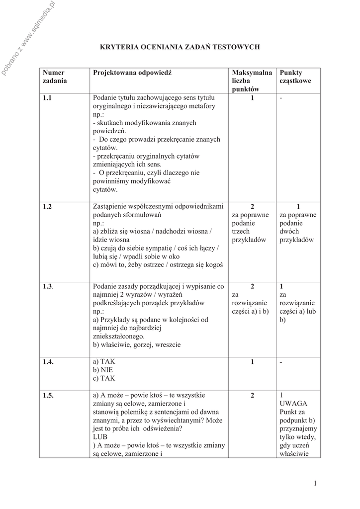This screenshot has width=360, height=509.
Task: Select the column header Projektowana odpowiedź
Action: [132, 73]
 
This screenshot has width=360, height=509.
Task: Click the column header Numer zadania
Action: [54, 76]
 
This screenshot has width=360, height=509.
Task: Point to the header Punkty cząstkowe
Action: [295, 76]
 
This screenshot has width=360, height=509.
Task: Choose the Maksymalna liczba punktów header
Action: [252, 81]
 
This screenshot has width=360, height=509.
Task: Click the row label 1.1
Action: [48, 98]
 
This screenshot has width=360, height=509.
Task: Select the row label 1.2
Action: [48, 206]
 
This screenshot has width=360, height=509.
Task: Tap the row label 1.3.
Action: [48, 287]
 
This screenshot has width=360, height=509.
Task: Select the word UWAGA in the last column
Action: [293, 403]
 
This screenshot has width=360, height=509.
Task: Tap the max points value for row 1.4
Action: [252, 362]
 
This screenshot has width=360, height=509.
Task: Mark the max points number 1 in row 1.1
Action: [252, 98]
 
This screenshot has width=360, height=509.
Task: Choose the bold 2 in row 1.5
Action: [252, 395]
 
